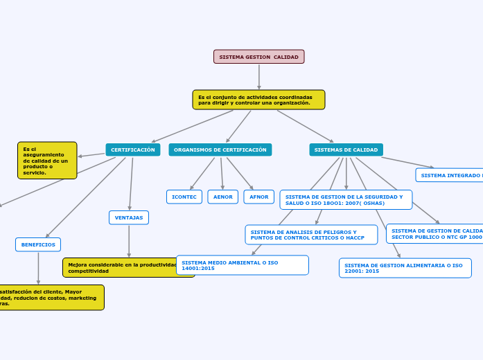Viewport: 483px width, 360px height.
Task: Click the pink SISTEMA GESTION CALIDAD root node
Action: [258, 57]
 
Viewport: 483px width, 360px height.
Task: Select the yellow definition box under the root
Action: [258, 100]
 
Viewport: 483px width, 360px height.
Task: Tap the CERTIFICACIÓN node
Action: [133, 150]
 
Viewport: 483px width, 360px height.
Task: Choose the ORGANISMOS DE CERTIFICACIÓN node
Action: [220, 150]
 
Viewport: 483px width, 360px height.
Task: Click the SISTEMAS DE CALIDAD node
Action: [346, 150]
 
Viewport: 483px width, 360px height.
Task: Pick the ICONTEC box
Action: [184, 197]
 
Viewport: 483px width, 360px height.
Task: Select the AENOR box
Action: [223, 197]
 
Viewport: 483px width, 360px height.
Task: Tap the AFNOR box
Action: [259, 197]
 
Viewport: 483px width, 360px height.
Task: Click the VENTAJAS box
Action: [129, 217]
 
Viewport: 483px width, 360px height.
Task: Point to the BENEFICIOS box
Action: [38, 244]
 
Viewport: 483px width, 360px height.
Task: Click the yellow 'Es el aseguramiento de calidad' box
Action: [47, 161]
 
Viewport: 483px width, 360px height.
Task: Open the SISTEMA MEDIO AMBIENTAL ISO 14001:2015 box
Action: [242, 265]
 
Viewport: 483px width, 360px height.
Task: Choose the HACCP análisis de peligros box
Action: [311, 235]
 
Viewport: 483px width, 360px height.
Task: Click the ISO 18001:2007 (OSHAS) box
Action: [346, 200]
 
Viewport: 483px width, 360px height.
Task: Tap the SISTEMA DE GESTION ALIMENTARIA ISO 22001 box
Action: [405, 268]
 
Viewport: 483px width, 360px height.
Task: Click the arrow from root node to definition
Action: [258, 77]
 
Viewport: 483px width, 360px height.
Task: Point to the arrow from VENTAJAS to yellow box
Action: [129, 241]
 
